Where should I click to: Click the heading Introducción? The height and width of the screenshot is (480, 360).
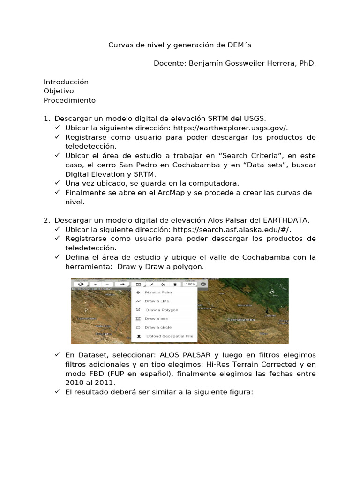tap(66, 82)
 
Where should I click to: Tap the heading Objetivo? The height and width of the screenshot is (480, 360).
tap(59, 91)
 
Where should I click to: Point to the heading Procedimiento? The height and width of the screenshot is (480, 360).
tap(69, 100)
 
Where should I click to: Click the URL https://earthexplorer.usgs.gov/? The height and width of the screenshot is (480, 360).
tap(231, 128)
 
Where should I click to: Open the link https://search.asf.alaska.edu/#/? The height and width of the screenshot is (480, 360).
tap(232, 229)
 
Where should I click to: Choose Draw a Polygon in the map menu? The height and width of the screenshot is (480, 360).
tap(162, 310)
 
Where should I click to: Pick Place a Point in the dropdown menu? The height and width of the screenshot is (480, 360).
tap(158, 292)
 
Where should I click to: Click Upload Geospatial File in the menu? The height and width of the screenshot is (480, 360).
tap(169, 336)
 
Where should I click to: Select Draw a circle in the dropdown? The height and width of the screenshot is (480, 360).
tap(158, 327)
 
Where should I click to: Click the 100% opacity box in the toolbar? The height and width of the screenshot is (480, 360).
tap(190, 284)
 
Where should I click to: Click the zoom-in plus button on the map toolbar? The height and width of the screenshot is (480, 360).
tap(95, 284)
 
